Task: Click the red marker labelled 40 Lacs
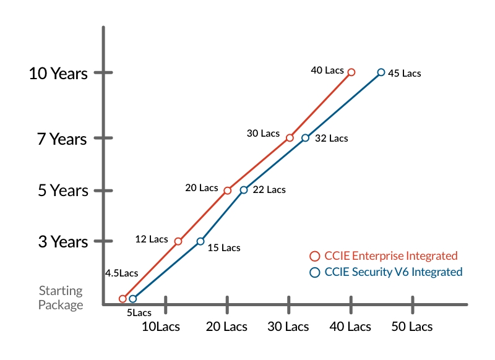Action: tap(351, 72)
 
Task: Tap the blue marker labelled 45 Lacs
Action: tap(381, 72)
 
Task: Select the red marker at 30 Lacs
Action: tap(290, 137)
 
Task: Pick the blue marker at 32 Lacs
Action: tap(305, 137)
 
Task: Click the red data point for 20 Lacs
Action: tap(227, 191)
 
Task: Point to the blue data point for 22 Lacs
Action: tap(244, 190)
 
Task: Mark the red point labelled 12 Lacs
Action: tap(178, 241)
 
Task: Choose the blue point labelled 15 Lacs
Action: tap(200, 241)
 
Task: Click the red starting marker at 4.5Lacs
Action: tap(123, 299)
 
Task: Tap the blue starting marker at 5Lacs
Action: tap(132, 299)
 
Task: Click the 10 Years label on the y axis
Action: tap(58, 74)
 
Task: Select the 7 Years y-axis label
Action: tap(62, 139)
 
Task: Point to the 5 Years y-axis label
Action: tap(62, 191)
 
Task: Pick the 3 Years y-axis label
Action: tap(62, 242)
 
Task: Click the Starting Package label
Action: tap(61, 298)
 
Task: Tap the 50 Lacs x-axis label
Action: tap(412, 327)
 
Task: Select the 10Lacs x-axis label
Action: tap(161, 327)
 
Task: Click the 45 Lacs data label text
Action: tap(404, 74)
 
